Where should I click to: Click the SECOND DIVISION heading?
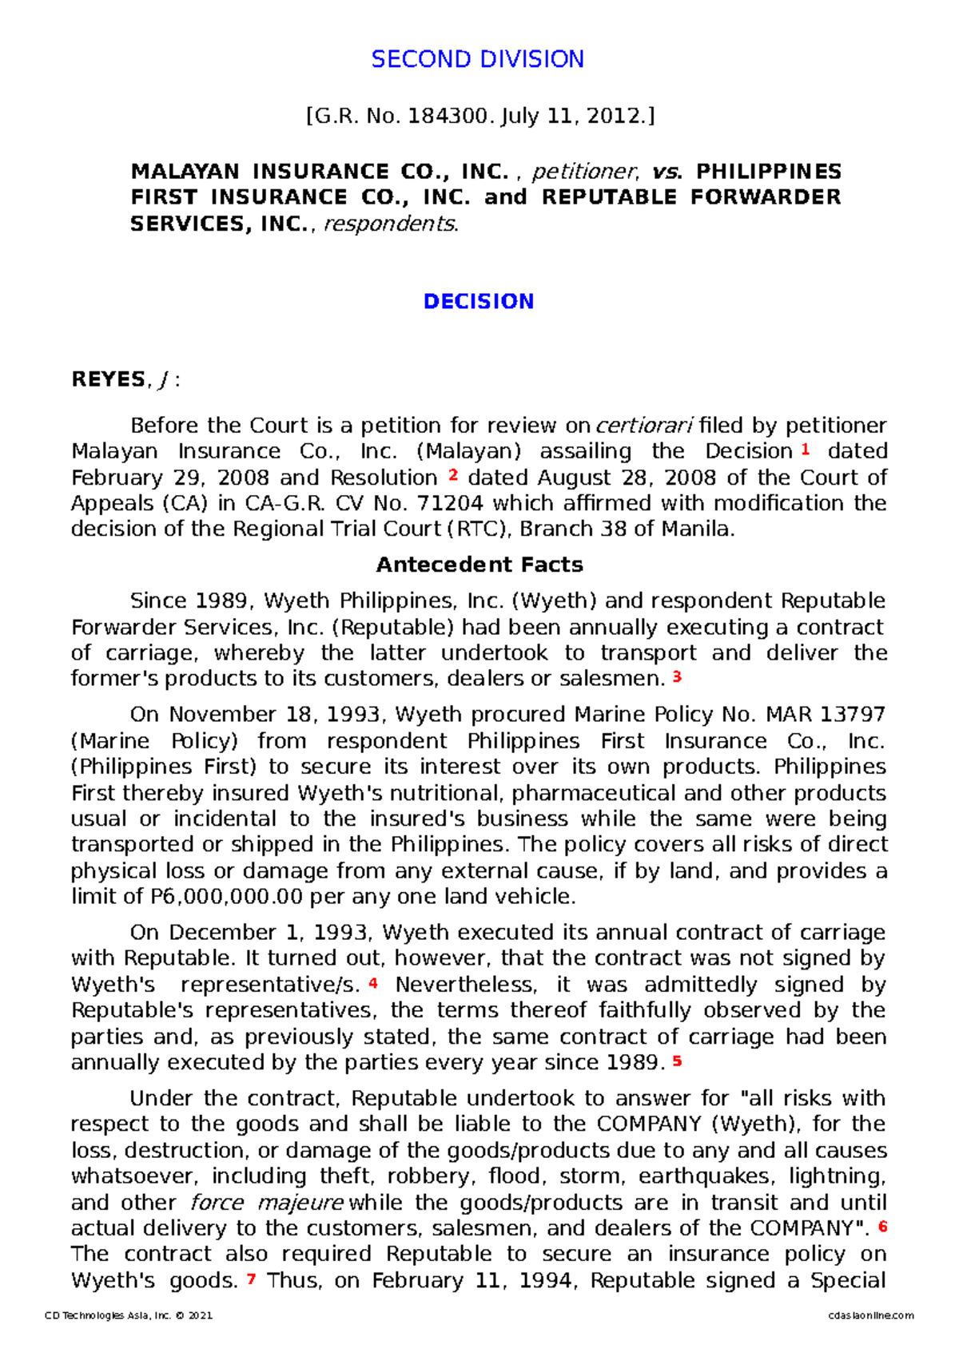477,59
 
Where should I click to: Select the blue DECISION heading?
478,302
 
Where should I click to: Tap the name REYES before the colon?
109,379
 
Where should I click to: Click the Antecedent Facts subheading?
479,565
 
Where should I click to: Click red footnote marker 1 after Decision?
805,450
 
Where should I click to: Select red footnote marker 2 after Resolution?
453,475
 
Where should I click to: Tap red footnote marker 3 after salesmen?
677,677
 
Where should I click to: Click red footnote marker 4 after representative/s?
372,983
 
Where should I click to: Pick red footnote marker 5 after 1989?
677,1061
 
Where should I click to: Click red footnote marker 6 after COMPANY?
882,1226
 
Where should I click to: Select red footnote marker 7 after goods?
251,1279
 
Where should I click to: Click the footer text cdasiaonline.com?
871,1315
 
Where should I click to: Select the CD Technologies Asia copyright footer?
129,1315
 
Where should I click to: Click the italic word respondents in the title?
389,224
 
